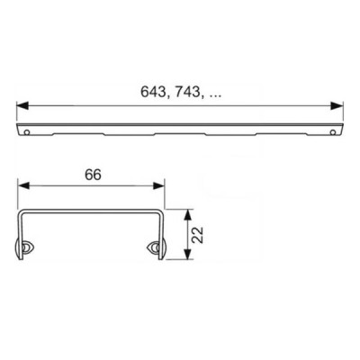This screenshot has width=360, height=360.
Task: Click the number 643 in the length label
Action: pyautogui.click(x=153, y=92)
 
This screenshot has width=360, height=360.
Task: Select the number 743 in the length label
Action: pyautogui.click(x=187, y=92)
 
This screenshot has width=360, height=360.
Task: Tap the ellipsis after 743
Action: pyautogui.click(x=214, y=96)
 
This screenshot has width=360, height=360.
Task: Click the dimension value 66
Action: pyautogui.click(x=93, y=175)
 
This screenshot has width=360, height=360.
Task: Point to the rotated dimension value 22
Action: pyautogui.click(x=198, y=235)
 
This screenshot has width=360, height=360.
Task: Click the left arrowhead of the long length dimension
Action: pyautogui.click(x=22, y=105)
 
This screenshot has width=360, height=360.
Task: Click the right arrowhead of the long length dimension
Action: pyautogui.click(x=337, y=105)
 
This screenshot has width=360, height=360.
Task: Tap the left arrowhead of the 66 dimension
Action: pyautogui.click(x=24, y=185)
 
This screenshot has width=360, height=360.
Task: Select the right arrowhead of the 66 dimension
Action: pyautogui.click(x=158, y=185)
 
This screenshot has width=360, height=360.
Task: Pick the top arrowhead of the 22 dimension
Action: pyautogui.click(x=187, y=215)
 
